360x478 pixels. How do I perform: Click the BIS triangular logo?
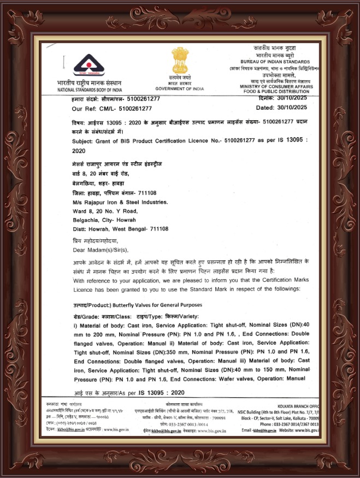pyautogui.click(x=89, y=66)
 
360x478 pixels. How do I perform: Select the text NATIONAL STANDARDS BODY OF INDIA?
pyautogui.click(x=90, y=88)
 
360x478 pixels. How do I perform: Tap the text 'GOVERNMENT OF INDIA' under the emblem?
pyautogui.click(x=179, y=88)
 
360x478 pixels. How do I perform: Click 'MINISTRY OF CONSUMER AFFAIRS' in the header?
pyautogui.click(x=279, y=86)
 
